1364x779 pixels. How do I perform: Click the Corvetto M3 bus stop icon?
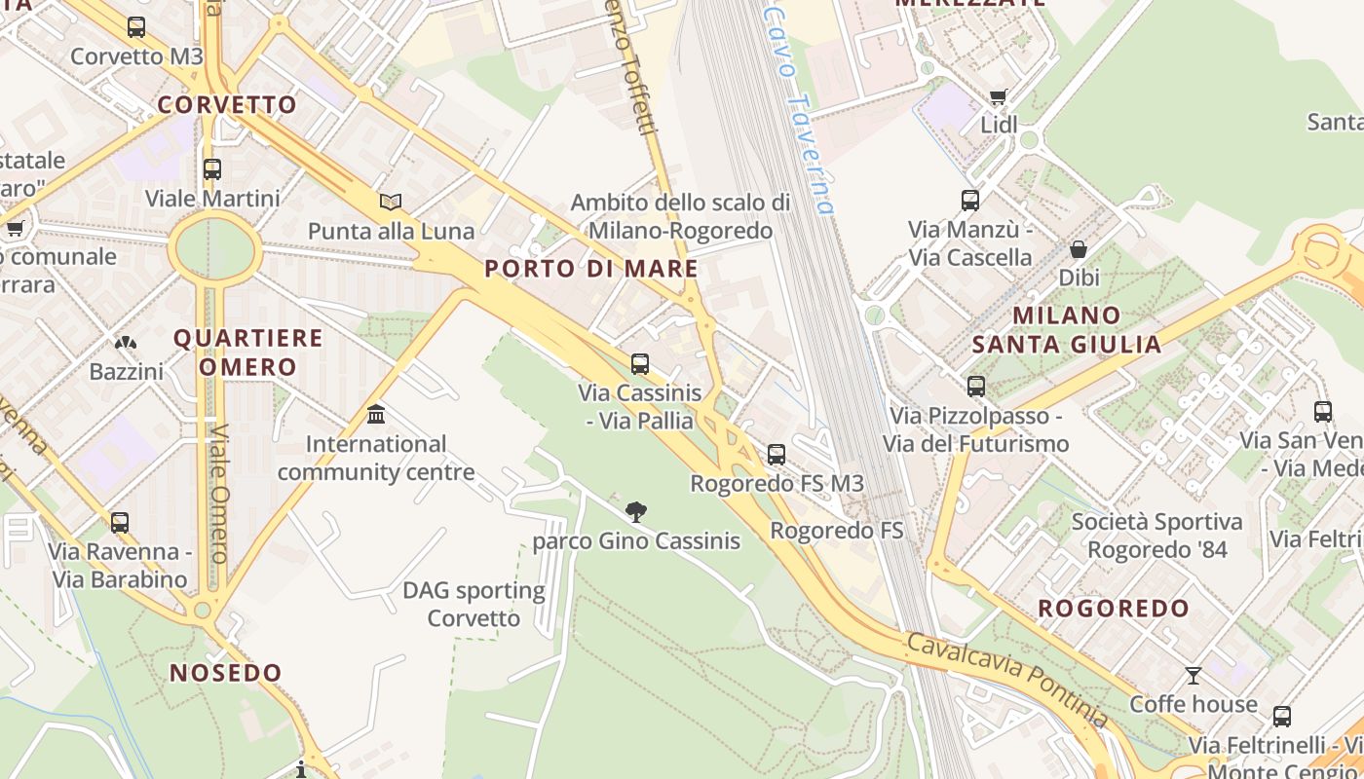pyautogui.click(x=136, y=27)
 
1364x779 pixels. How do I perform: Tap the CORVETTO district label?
pyautogui.click(x=227, y=104)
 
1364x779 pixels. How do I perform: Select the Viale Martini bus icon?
pyautogui.click(x=212, y=169)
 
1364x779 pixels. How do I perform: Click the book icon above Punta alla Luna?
pyautogui.click(x=391, y=203)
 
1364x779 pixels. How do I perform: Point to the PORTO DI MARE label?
pyautogui.click(x=591, y=269)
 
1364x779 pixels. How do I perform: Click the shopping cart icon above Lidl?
pyautogui.click(x=998, y=96)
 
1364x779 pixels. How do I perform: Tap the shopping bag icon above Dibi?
pyautogui.click(x=1079, y=249)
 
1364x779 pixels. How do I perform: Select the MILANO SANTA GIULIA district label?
pyautogui.click(x=1067, y=330)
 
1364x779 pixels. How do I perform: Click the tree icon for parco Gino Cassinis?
pyautogui.click(x=636, y=511)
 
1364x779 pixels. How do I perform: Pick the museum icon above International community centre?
pyautogui.click(x=376, y=416)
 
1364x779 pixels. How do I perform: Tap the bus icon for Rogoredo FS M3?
pyautogui.click(x=777, y=455)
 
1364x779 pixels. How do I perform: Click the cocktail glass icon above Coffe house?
pyautogui.click(x=1193, y=675)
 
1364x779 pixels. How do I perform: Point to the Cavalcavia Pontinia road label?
pyautogui.click(x=1007, y=679)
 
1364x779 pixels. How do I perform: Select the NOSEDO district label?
pyautogui.click(x=226, y=673)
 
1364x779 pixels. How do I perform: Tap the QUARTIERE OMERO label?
pyautogui.click(x=248, y=352)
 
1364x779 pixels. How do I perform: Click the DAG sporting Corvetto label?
pyautogui.click(x=474, y=604)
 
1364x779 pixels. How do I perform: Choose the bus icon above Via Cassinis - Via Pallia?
pyautogui.click(x=640, y=364)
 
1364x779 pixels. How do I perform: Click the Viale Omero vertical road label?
pyautogui.click(x=219, y=493)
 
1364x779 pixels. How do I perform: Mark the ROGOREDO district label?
pyautogui.click(x=1114, y=609)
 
